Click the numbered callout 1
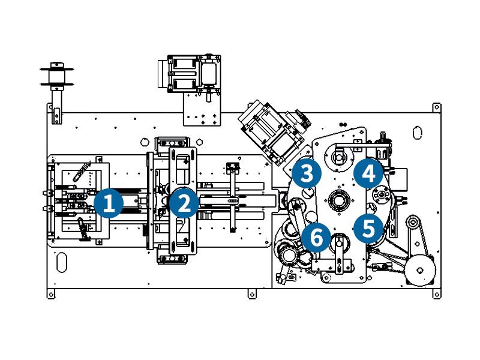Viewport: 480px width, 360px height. coord(109,203)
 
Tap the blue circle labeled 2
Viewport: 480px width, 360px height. coord(184,203)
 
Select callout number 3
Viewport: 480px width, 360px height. coord(307,174)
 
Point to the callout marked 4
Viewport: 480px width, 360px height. coord(368,174)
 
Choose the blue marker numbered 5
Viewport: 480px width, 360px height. coord(368,228)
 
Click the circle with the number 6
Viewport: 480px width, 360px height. coord(316,238)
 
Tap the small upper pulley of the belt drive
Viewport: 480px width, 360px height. coord(412,224)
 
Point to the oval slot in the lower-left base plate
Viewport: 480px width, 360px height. coord(61,263)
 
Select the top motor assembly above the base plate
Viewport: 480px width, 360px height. coord(190,73)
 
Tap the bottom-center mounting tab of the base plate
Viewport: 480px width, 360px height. coord(251,294)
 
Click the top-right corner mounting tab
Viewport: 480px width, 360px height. coord(437,107)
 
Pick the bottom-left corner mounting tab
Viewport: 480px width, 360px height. coord(51,294)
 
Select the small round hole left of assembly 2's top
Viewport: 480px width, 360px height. coord(143,142)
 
